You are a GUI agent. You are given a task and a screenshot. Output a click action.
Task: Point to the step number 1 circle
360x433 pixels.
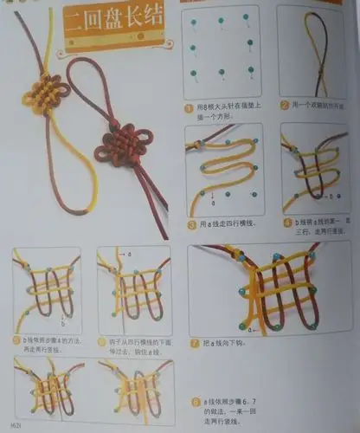[x=188, y=109]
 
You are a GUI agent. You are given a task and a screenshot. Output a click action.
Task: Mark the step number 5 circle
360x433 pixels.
[x=18, y=340]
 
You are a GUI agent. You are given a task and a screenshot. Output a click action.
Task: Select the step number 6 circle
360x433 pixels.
[x=103, y=340]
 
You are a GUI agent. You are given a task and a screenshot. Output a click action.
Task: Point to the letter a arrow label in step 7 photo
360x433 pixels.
[x=252, y=330]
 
